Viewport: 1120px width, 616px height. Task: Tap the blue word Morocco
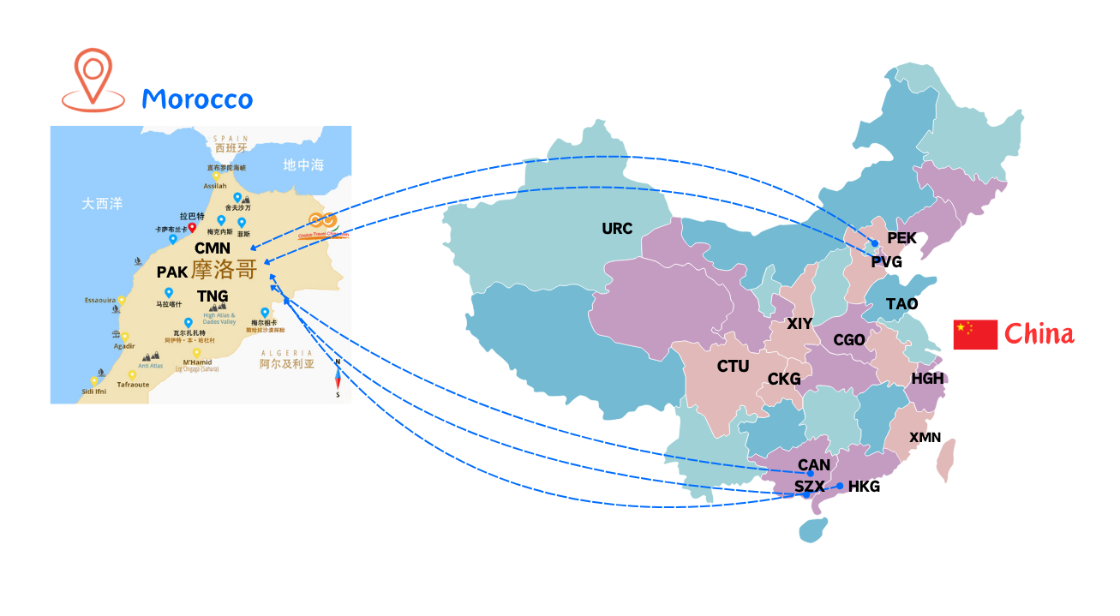[197, 99]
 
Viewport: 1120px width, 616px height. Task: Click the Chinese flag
[975, 334]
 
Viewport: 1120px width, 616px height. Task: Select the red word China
[1039, 334]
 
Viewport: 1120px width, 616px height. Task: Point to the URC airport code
[617, 229]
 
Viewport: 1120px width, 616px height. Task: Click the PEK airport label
[901, 238]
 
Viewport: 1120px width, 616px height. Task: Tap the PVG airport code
[886, 262]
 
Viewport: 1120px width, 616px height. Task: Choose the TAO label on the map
[901, 304]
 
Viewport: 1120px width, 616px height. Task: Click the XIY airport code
[800, 324]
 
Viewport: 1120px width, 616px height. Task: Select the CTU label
[733, 367]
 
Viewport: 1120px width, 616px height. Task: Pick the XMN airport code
[925, 438]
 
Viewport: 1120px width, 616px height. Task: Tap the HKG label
[864, 487]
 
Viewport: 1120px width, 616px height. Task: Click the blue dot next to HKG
[840, 487]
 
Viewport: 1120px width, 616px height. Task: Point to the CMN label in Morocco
[213, 248]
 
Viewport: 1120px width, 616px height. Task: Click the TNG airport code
[213, 296]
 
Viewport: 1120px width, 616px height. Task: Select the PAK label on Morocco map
[172, 272]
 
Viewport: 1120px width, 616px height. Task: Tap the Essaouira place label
[100, 301]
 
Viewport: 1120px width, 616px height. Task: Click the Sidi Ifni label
[94, 392]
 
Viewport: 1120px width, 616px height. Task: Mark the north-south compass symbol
[338, 378]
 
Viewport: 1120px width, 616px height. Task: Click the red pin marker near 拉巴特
[193, 227]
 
